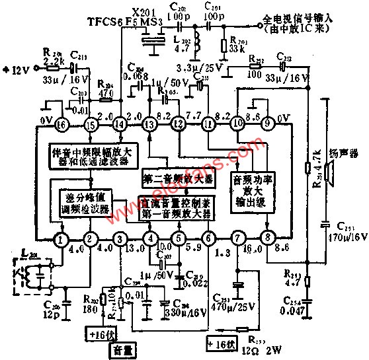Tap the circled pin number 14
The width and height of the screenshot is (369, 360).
pos(120,123)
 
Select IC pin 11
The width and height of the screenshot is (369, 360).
pos(209,123)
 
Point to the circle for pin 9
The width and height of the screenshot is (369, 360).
pos(268,123)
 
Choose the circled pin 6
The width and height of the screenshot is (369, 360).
pos(209,238)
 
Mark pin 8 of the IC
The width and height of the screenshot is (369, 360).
pos(268,238)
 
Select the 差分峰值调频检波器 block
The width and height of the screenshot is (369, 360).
pos(81,203)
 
